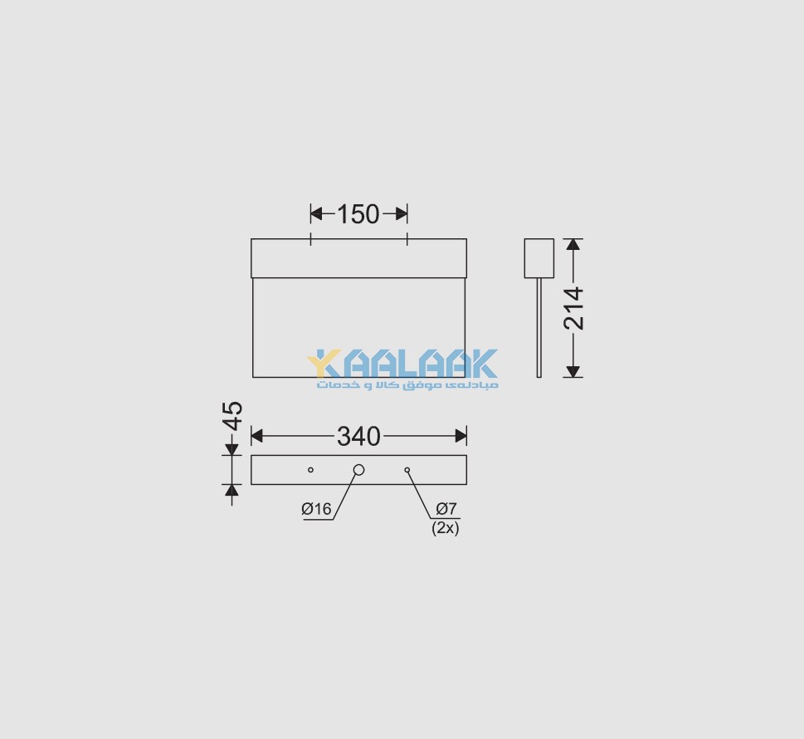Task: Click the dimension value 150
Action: pos(358,214)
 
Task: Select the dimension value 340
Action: pos(358,437)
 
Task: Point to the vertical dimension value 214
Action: pos(573,308)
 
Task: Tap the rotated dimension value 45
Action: pos(233,416)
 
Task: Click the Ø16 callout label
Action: pos(316,509)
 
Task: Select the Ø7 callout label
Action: pos(446,509)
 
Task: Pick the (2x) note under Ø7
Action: pos(445,527)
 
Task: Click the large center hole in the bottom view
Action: pos(359,470)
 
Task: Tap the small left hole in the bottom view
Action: pos(310,470)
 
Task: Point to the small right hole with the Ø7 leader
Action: pos(407,470)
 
